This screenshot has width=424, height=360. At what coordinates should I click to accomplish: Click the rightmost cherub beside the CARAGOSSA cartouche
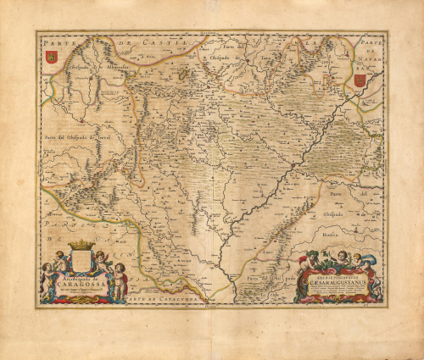pyautogui.click(x=120, y=275)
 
